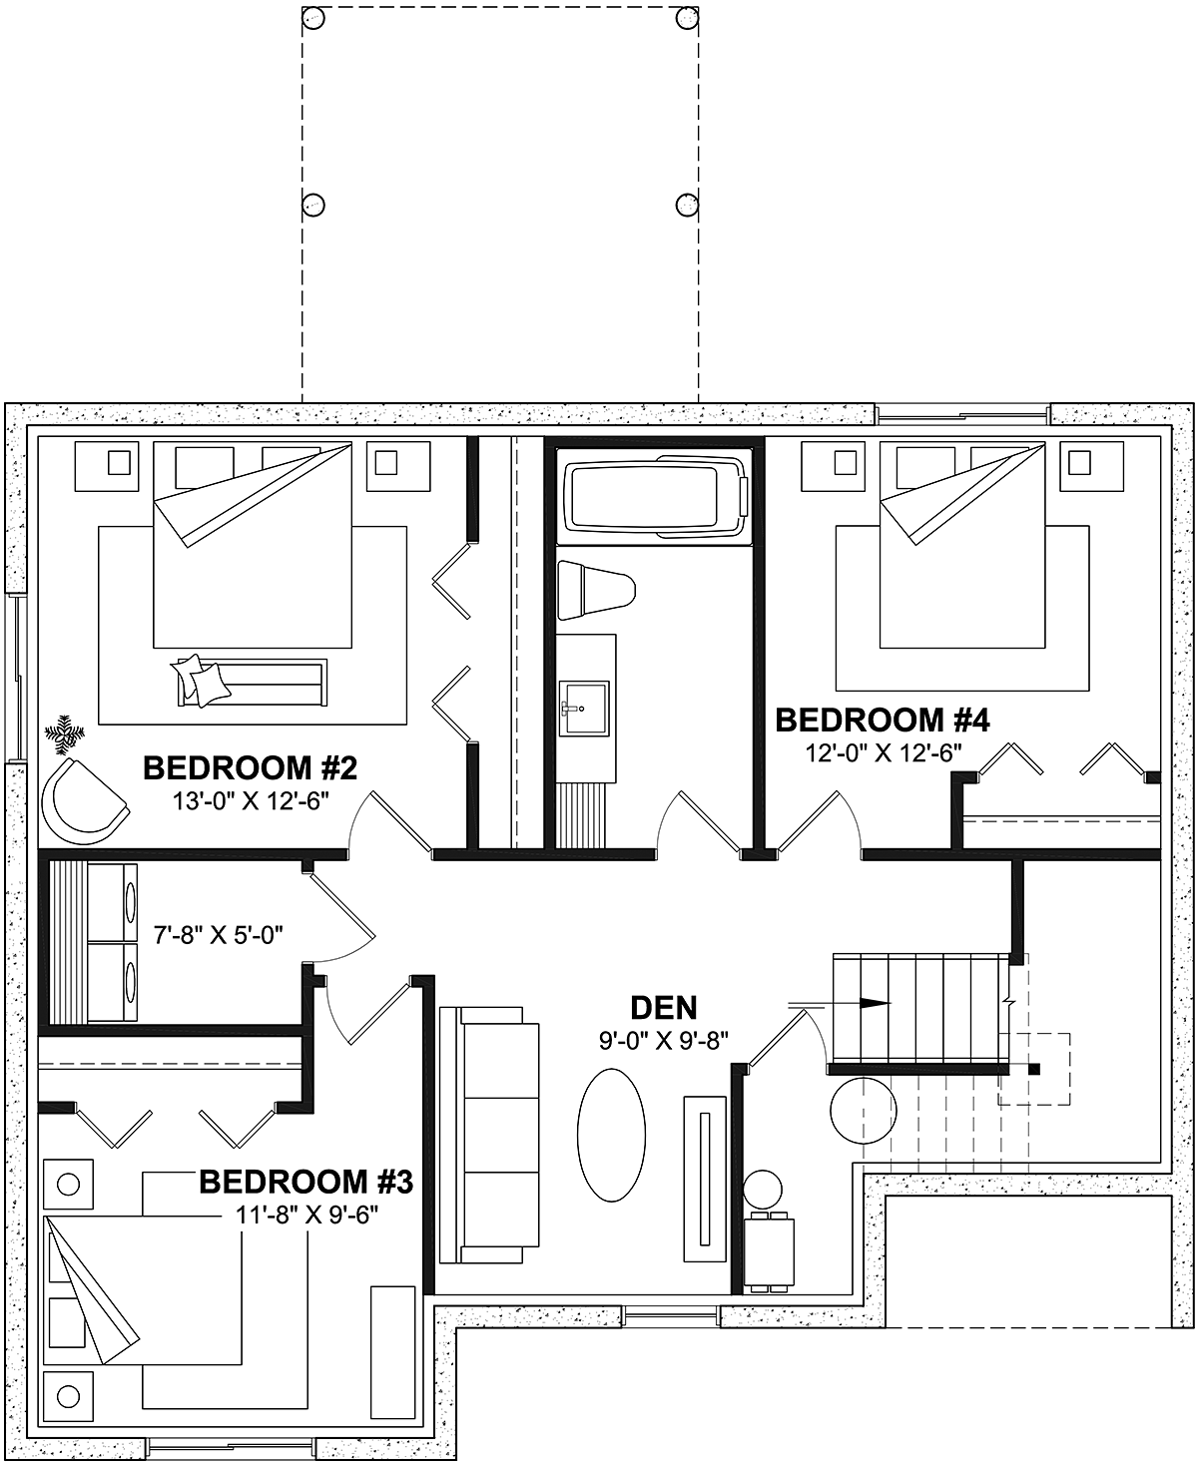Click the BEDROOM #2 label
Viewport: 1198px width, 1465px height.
(251, 767)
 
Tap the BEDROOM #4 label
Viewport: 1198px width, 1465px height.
(883, 720)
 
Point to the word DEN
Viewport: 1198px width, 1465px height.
(664, 1008)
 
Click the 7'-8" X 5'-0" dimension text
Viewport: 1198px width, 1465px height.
(219, 935)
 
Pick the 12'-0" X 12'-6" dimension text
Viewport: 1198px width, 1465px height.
(884, 753)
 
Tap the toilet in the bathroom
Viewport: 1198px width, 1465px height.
(596, 591)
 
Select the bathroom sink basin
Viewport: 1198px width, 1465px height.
(584, 708)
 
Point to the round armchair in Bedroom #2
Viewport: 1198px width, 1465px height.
(84, 801)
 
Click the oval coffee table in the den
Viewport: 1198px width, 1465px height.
(612, 1135)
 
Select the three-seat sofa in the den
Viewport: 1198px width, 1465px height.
(489, 1135)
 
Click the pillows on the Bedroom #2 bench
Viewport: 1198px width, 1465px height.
(201, 680)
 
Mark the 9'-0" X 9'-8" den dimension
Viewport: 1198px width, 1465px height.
(664, 1041)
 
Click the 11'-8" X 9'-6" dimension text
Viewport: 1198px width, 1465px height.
(306, 1215)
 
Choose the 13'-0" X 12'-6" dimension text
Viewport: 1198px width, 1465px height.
(251, 801)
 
